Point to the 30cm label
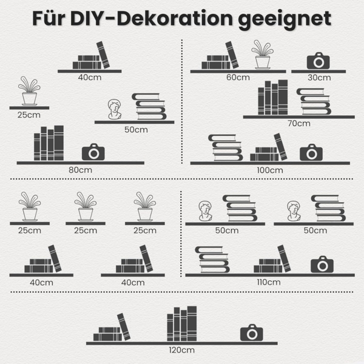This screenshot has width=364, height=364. tap(319, 78)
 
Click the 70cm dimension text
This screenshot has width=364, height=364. tap(299, 123)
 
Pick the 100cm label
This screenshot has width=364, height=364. tap(270, 170)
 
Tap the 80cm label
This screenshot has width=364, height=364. tap(80, 170)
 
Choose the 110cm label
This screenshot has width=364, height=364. tap(269, 281)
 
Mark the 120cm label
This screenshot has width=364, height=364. tap(182, 350)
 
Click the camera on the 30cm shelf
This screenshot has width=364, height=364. tap(318, 61)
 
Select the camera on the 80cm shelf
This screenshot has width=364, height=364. tap(93, 152)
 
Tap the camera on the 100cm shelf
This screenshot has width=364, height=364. tap(311, 152)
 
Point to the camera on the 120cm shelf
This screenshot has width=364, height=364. tap(251, 332)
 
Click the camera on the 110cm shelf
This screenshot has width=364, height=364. tap(322, 265)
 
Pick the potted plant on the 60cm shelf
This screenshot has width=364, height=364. tap(262, 55)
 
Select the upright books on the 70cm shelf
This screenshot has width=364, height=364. tap(272, 98)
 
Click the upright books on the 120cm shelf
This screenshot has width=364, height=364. tap(182, 324)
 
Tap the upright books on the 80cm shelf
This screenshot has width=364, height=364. tap(49, 143)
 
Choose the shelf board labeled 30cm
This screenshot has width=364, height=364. tap(318, 71)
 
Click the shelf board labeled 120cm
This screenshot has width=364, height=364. tap(182, 343)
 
